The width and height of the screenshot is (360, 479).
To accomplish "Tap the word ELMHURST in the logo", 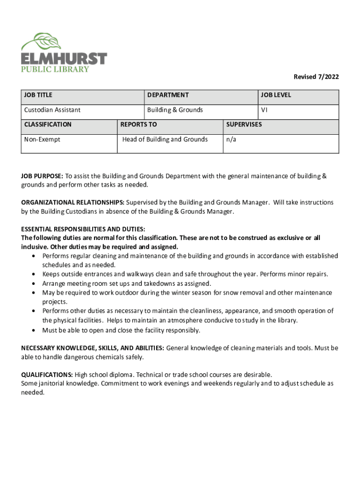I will coord(64,59).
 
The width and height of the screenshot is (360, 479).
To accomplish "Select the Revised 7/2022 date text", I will coord(316,77).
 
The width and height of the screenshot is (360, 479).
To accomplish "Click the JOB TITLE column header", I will coord(38,95).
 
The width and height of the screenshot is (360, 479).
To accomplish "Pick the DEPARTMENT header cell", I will coord(168,95).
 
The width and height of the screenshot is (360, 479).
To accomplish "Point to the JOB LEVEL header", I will coord(276,95).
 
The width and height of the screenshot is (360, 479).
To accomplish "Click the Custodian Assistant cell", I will coord(52,110).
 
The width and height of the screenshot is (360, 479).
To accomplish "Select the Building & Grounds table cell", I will coord(175,110).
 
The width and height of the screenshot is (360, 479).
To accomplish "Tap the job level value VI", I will coord(264,110).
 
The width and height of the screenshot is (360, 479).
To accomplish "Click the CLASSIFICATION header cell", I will coord(48,124).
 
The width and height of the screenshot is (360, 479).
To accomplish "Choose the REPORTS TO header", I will coord(138,124).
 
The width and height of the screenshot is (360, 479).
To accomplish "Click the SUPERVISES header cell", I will coord(244,124).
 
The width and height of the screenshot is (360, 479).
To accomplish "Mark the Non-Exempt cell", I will coord(42,139).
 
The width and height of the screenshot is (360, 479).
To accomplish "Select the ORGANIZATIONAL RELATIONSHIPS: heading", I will coord(72,202).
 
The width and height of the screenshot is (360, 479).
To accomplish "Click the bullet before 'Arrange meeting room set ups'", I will coord(35,284).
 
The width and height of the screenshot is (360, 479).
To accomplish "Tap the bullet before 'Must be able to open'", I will coord(35,331).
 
